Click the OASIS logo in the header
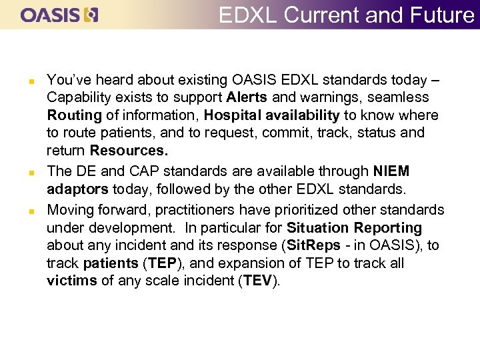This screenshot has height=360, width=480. (x=59, y=15)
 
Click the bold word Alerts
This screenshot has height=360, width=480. (x=247, y=97)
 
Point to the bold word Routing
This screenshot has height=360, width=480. (x=74, y=115)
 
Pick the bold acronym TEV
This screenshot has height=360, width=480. (x=257, y=280)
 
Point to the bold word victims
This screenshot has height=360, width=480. (x=71, y=280)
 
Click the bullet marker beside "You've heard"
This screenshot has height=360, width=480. (x=23, y=81)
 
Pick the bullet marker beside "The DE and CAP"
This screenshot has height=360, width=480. (x=23, y=173)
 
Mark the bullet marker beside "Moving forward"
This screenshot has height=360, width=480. (x=23, y=211)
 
